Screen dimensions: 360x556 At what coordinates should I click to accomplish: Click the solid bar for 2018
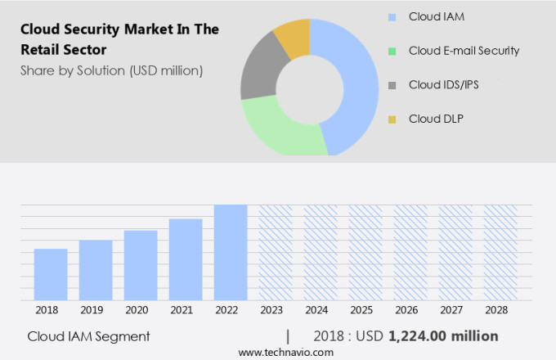(x=51, y=274)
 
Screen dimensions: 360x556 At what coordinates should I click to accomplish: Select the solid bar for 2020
(x=141, y=265)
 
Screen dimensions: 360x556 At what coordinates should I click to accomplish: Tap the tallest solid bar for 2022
(x=231, y=252)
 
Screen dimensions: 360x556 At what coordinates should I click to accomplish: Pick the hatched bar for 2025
(x=365, y=252)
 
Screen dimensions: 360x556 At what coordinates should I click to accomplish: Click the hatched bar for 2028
(x=500, y=252)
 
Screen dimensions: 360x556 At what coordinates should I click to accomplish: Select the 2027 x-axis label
(x=455, y=311)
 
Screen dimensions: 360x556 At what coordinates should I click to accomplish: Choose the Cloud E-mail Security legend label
(x=464, y=51)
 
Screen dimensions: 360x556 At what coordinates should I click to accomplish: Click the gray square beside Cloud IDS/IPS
(x=392, y=85)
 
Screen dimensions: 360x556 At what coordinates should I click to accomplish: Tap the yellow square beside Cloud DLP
(x=392, y=119)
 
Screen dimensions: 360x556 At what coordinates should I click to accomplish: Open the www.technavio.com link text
(x=286, y=352)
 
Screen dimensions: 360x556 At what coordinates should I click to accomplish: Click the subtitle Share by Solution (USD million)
(x=111, y=70)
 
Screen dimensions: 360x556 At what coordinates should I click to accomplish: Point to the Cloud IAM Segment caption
(x=88, y=336)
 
